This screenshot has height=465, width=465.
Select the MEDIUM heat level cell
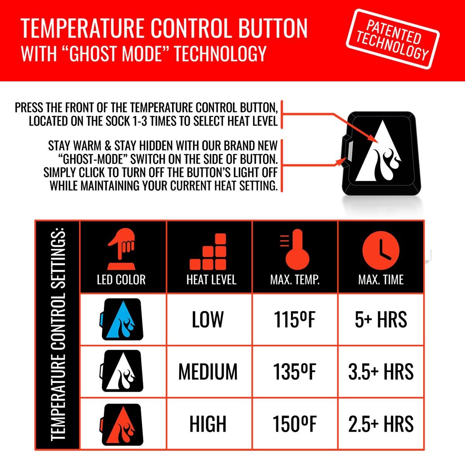click(x=208, y=372)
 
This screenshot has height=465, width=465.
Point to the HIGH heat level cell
click(x=208, y=424)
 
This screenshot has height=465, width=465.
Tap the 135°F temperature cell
click(x=294, y=372)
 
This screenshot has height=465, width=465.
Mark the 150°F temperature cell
click(x=294, y=424)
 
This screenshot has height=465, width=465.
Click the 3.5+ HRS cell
click(x=381, y=372)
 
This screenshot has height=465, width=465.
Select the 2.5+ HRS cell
click(x=381, y=424)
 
